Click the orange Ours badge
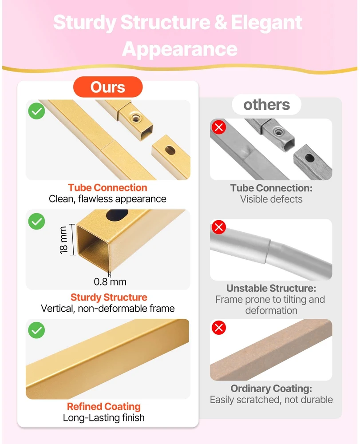click(108, 87)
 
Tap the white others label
click(267, 105)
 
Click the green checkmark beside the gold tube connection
click(36, 111)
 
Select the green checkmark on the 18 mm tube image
click(36, 221)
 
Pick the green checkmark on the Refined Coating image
click(36, 330)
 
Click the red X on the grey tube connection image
click(219, 127)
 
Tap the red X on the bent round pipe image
click(219, 227)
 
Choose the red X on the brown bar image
click(219, 328)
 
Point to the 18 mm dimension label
click(63, 240)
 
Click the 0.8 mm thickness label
click(110, 282)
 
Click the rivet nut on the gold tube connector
click(136, 118)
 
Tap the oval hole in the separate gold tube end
click(170, 150)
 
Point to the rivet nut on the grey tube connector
click(279, 131)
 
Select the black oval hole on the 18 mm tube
click(117, 215)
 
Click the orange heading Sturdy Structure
click(109, 297)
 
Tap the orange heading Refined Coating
click(103, 407)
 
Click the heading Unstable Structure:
click(271, 288)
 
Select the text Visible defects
click(271, 199)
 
